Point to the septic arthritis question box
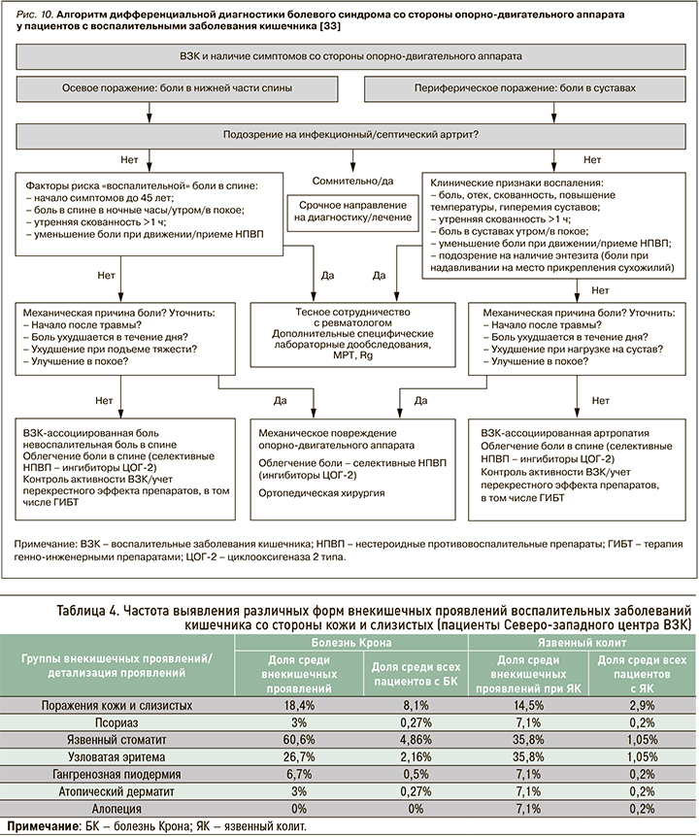[349, 133]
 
